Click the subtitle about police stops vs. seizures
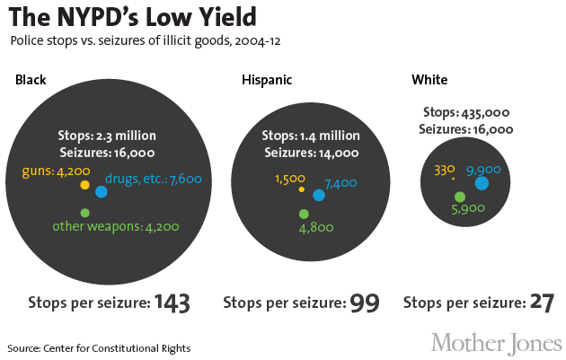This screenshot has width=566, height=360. pyautogui.click(x=150, y=41)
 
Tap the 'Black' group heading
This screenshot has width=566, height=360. pyautogui.click(x=31, y=81)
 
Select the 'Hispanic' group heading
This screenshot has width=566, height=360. pyautogui.click(x=267, y=81)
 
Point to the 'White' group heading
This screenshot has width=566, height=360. pyautogui.click(x=429, y=81)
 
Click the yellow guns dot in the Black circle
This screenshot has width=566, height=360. pyautogui.click(x=84, y=185)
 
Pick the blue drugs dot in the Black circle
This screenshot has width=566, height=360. pyautogui.click(x=102, y=191)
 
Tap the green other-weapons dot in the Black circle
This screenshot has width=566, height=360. pyautogui.click(x=84, y=213)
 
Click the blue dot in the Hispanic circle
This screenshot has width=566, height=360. pyautogui.click(x=319, y=195)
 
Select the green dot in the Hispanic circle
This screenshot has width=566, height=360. pyautogui.click(x=304, y=214)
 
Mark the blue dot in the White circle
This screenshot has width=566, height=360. pyautogui.click(x=482, y=183)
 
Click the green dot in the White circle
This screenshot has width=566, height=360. pyautogui.click(x=460, y=197)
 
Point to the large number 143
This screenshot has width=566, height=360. pyautogui.click(x=172, y=303)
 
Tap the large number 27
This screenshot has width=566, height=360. pyautogui.click(x=541, y=303)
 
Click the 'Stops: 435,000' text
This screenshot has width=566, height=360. pyautogui.click(x=465, y=112)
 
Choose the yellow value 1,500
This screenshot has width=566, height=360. pyautogui.click(x=290, y=179)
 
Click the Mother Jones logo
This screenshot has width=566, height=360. pyautogui.click(x=496, y=343)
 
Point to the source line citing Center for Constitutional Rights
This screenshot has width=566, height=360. pyautogui.click(x=99, y=347)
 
